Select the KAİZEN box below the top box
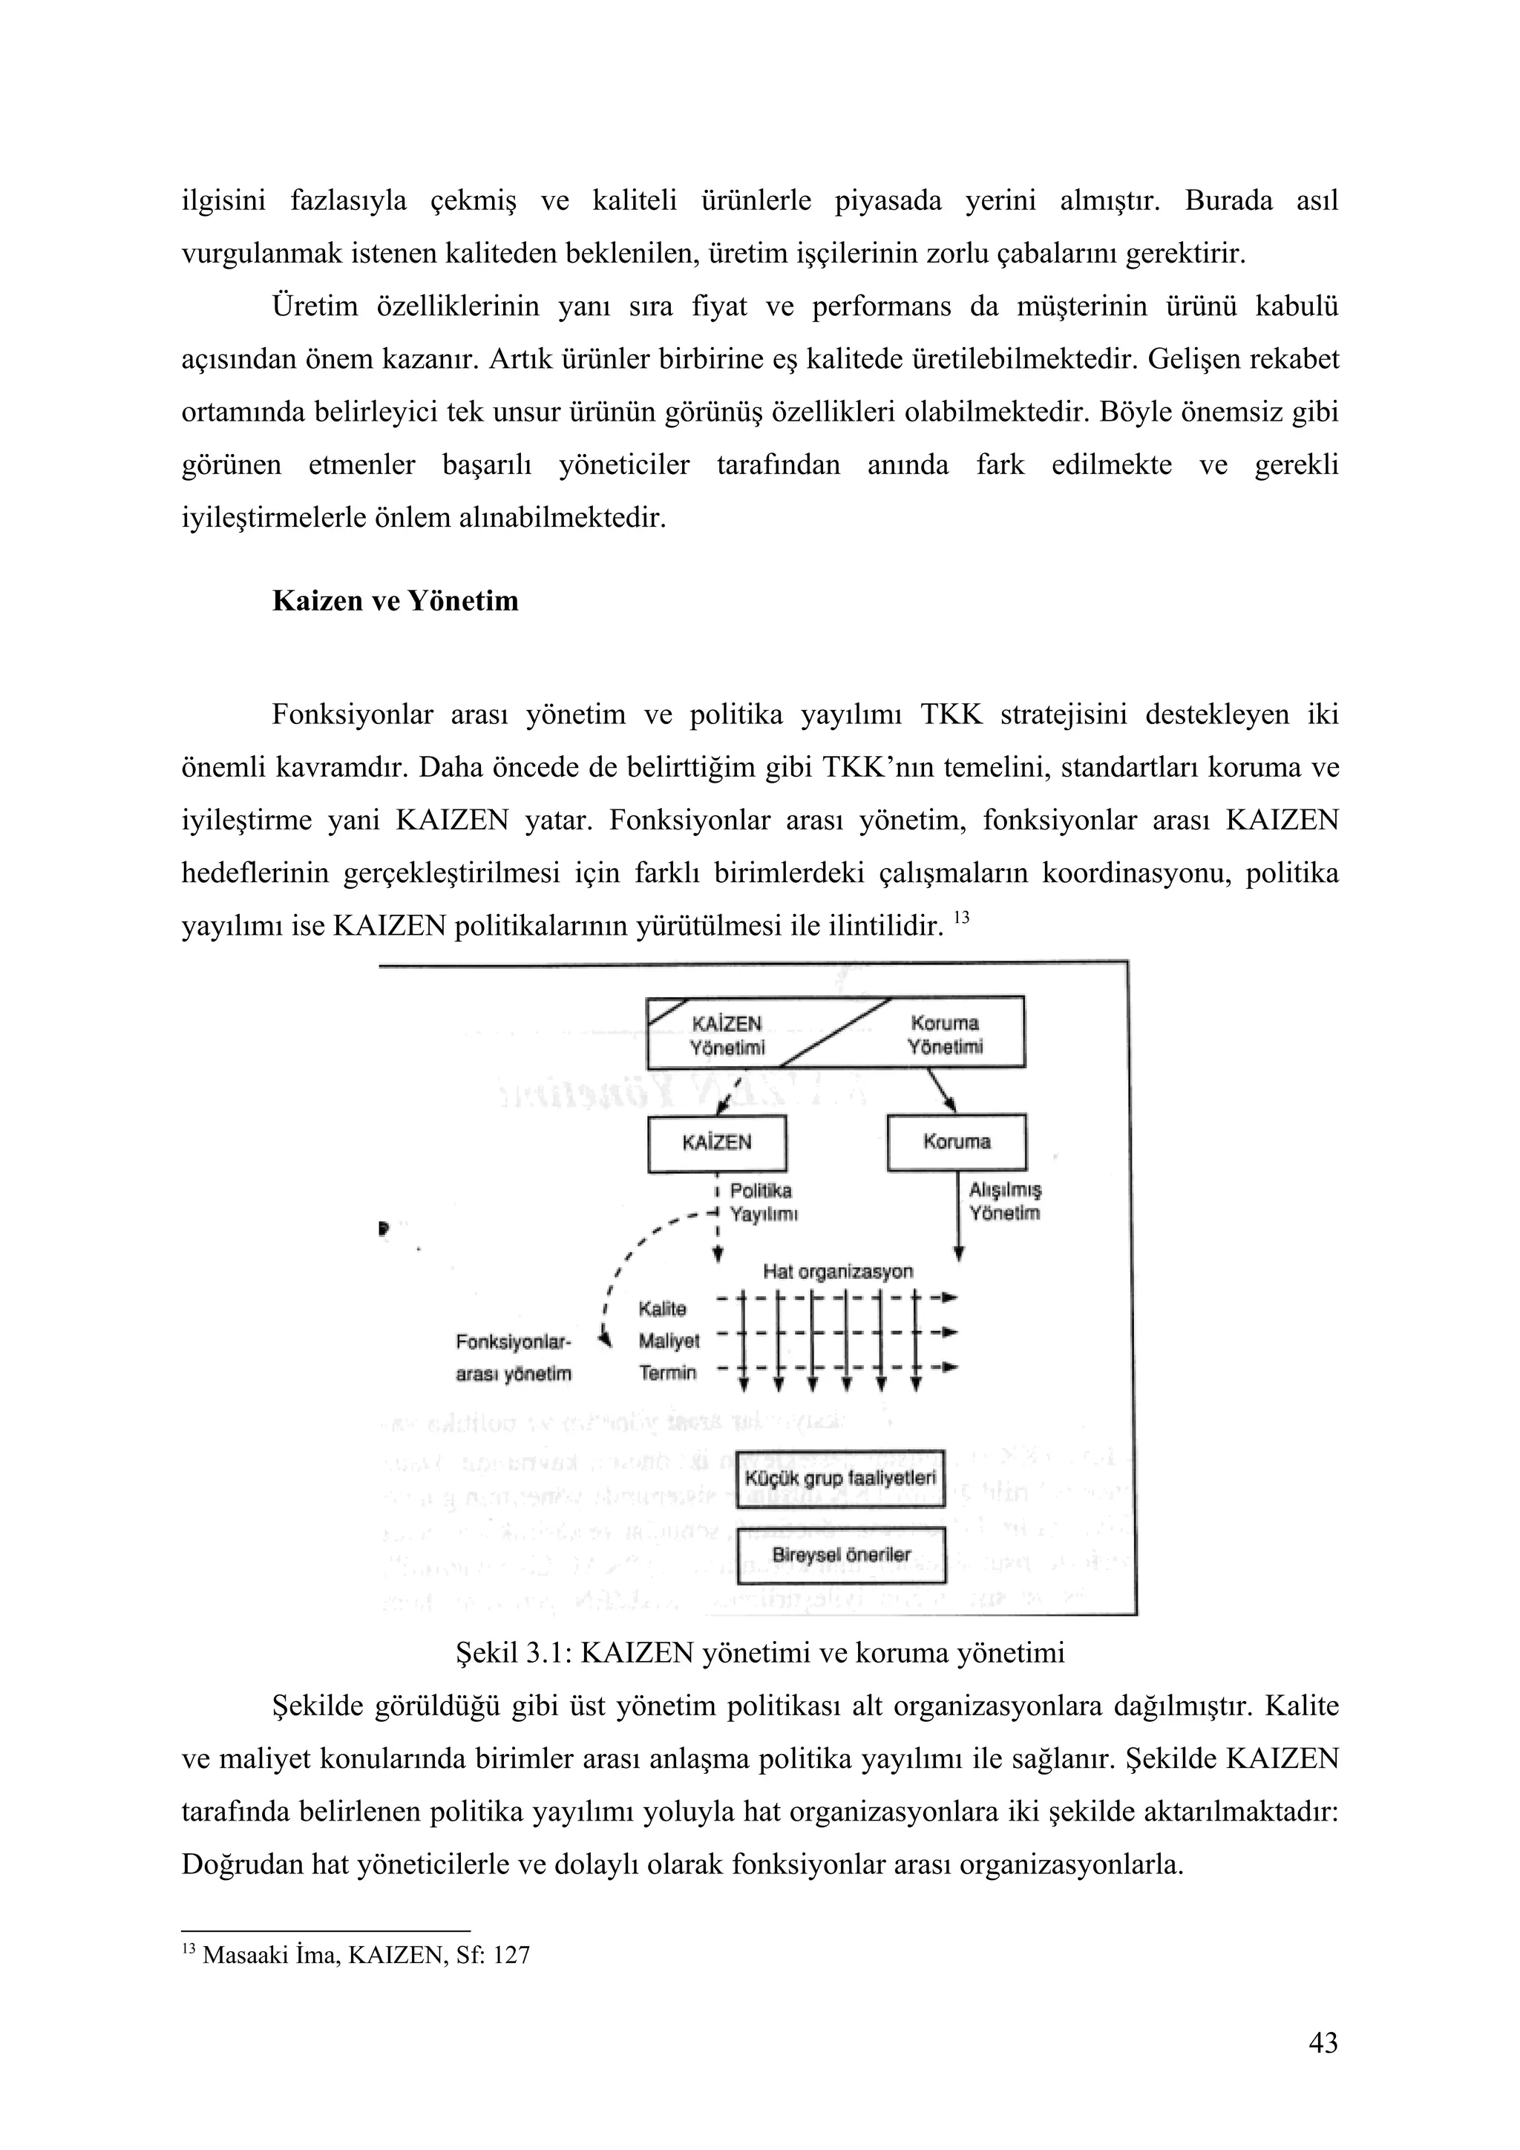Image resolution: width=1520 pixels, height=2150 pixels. [716, 1143]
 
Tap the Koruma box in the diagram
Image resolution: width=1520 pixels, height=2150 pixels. [956, 1142]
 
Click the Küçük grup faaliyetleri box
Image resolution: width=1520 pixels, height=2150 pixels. [840, 1479]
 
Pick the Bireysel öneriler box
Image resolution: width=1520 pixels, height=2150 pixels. [841, 1556]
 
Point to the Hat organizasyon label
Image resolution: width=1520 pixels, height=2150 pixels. [837, 1272]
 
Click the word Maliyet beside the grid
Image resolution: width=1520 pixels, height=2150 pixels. [669, 1341]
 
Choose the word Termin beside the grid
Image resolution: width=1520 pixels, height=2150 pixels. [668, 1372]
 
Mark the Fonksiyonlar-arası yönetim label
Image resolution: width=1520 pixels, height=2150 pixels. [513, 1358]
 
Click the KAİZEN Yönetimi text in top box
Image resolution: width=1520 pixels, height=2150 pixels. [727, 1035]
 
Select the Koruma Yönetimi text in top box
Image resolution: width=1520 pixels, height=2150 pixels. [944, 1035]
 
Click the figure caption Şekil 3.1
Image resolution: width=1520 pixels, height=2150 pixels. [759, 1653]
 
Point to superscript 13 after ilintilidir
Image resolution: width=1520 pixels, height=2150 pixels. [962, 918]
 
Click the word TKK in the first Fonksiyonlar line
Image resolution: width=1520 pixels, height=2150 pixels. [951, 715]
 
